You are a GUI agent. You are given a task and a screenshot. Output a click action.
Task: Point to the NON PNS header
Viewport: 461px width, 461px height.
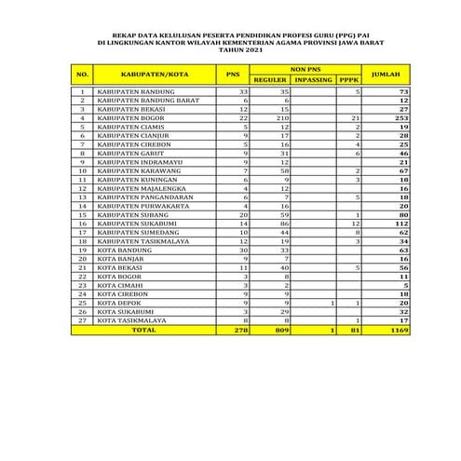coord(304,69)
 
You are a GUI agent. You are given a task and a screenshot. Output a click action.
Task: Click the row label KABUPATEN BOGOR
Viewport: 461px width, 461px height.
coord(132,118)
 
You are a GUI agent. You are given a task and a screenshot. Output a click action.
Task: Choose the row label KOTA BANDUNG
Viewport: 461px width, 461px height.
coord(124,250)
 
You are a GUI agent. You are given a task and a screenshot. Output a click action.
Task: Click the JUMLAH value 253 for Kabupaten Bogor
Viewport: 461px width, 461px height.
coord(403,118)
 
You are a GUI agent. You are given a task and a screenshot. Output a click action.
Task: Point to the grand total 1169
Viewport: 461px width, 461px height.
coord(400,329)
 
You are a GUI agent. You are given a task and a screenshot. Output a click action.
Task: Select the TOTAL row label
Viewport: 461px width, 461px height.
coord(145,329)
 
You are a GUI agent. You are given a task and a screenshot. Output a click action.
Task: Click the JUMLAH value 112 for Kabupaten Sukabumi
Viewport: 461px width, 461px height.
coord(403,224)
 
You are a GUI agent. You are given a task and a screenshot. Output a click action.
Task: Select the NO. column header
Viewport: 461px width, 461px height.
coord(83,74)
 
